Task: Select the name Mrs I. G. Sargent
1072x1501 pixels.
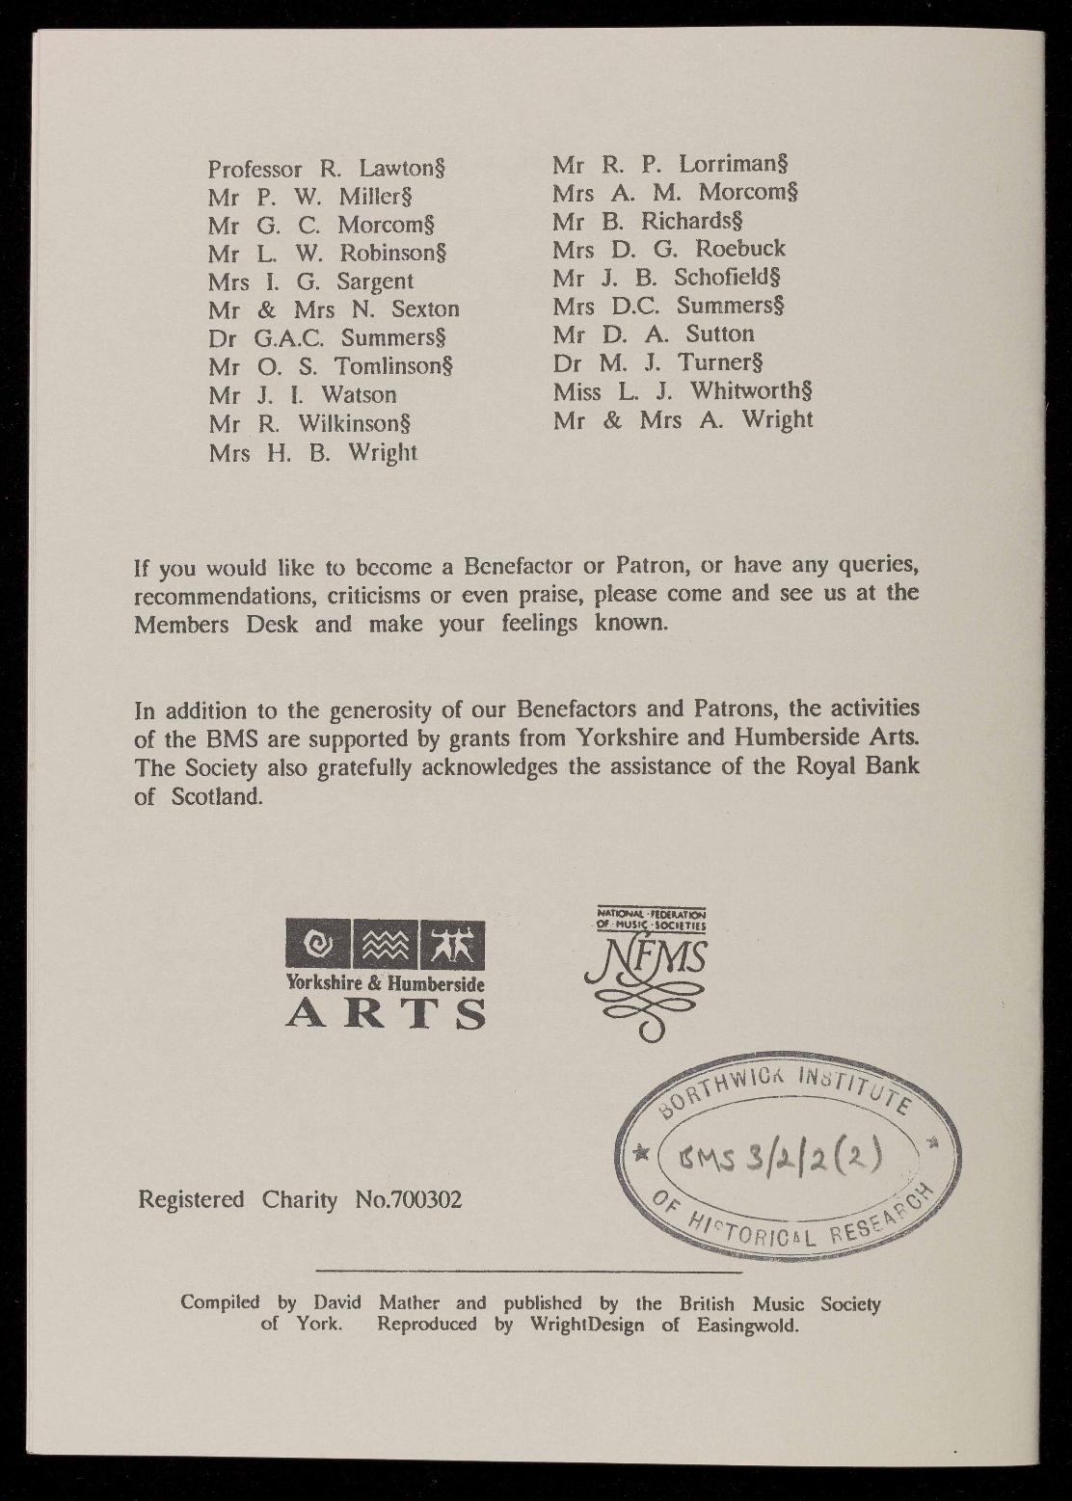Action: point(310,281)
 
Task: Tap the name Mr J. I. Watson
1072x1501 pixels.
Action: point(302,394)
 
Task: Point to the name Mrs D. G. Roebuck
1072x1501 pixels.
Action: point(669,248)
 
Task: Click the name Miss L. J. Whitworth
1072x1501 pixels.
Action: point(683,391)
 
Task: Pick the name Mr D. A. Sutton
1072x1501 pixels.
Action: point(654,334)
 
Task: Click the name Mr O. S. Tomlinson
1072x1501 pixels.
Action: point(331,366)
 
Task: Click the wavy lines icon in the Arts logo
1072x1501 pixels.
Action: point(385,944)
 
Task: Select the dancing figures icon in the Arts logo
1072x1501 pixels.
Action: point(452,944)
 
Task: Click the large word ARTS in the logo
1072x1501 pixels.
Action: point(386,1012)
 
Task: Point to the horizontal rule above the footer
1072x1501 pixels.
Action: point(522,1273)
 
